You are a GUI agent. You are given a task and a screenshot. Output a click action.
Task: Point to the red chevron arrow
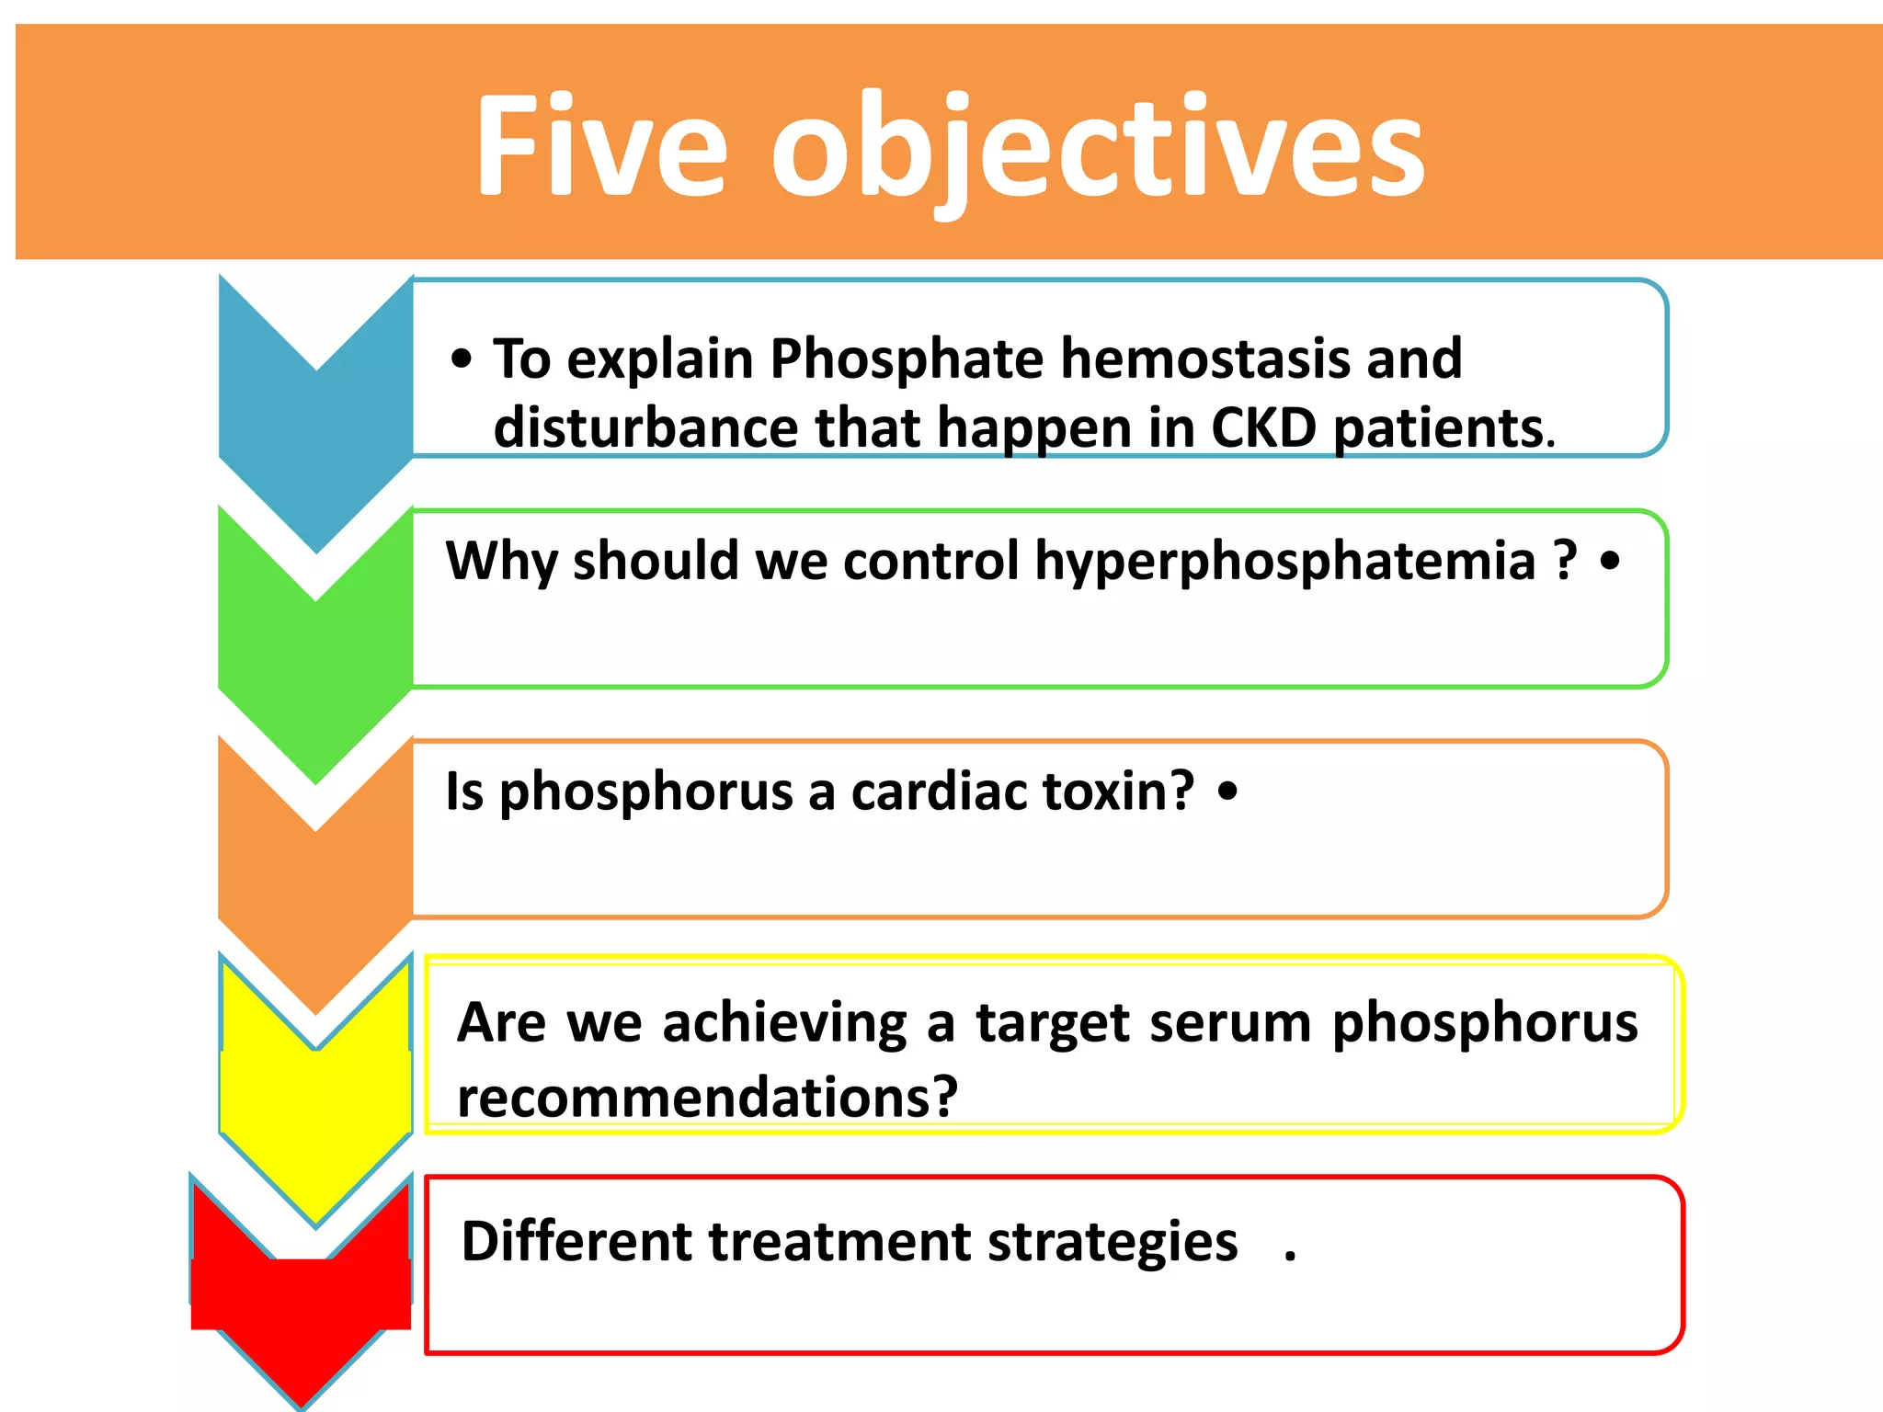tap(301, 1305)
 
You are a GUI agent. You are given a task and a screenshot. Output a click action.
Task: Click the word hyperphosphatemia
tap(1284, 562)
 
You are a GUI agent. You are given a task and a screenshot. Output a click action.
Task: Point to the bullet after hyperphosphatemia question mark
tap(1610, 560)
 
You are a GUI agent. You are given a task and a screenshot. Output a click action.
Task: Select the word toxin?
tap(1116, 791)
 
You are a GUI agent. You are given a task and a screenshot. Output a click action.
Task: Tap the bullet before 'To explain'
tap(462, 359)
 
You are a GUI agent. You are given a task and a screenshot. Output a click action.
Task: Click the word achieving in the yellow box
tap(784, 1023)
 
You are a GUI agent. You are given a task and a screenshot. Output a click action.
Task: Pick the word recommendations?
tap(707, 1098)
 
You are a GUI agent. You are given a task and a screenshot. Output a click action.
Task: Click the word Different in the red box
tap(576, 1242)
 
